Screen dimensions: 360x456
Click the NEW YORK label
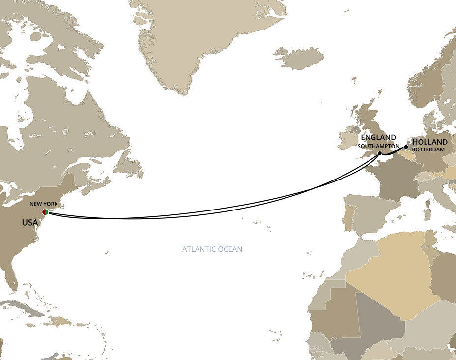[44, 204]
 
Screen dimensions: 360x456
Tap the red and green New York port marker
[45, 211]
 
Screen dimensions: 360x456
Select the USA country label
[29, 223]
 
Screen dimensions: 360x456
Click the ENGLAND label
[378, 137]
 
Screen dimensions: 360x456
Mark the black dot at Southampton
[380, 154]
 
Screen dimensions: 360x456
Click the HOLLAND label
[430, 142]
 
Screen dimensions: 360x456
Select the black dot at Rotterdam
[406, 147]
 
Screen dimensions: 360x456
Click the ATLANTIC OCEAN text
[212, 249]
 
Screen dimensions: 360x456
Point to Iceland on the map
[299, 58]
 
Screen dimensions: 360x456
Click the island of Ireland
[348, 139]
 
